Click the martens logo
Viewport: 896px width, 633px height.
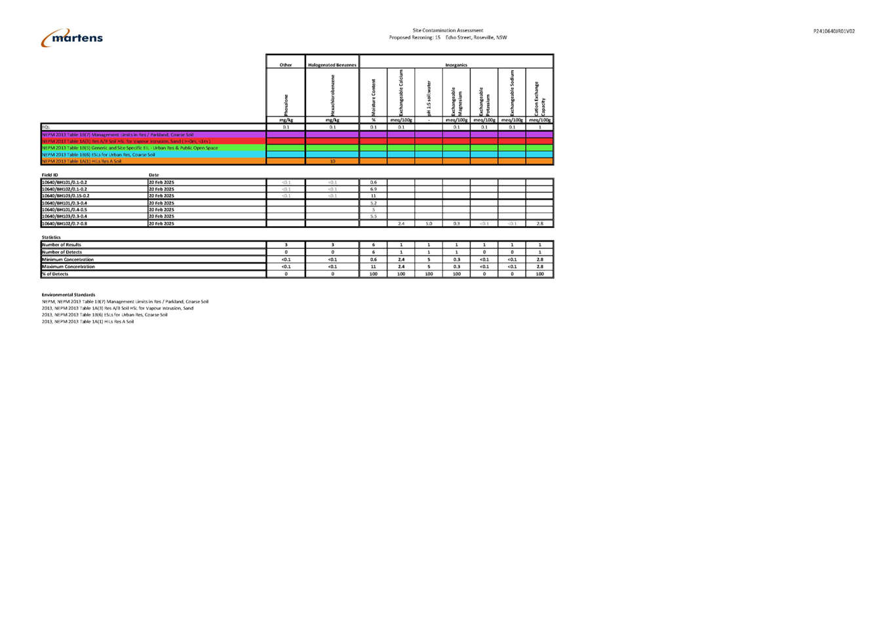pyautogui.click(x=72, y=38)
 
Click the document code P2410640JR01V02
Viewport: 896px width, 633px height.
pyautogui.click(x=834, y=31)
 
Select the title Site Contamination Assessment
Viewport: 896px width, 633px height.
pyautogui.click(x=448, y=30)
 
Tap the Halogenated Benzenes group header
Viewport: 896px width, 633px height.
pyautogui.click(x=332, y=65)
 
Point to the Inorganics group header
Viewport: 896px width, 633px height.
pyautogui.click(x=456, y=65)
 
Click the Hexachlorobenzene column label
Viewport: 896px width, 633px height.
pyautogui.click(x=333, y=94)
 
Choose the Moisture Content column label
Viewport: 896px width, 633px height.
pyautogui.click(x=374, y=98)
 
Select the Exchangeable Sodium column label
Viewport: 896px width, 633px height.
pyautogui.click(x=513, y=93)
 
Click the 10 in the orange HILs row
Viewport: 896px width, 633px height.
pyautogui.click(x=332, y=161)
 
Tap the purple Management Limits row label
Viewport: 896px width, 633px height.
pyautogui.click(x=118, y=134)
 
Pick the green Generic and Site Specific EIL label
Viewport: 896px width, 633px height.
pyautogui.click(x=130, y=148)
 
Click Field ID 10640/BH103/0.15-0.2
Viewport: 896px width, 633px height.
pyautogui.click(x=66, y=196)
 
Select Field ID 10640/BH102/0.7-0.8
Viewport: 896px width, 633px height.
pyautogui.click(x=65, y=223)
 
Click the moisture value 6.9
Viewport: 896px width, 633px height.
pyautogui.click(x=374, y=189)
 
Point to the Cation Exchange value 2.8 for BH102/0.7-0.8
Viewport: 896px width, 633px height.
pyautogui.click(x=540, y=223)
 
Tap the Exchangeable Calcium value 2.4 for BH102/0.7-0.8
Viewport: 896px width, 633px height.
pyautogui.click(x=401, y=223)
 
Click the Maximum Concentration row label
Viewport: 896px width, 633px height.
pyautogui.click(x=69, y=267)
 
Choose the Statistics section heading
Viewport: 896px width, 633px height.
pyautogui.click(x=51, y=237)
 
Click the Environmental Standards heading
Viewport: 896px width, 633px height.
pyautogui.click(x=68, y=295)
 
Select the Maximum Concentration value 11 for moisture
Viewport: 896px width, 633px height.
pyautogui.click(x=374, y=267)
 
